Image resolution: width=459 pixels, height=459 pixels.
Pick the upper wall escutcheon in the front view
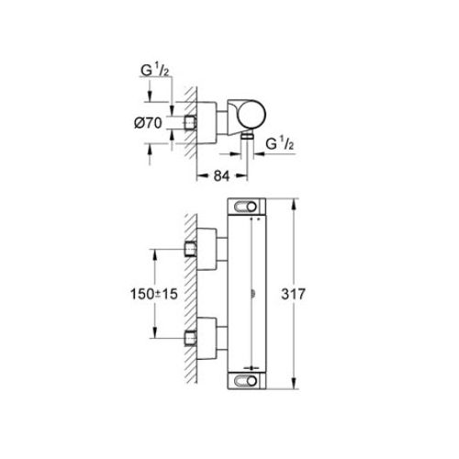[x=210, y=251]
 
